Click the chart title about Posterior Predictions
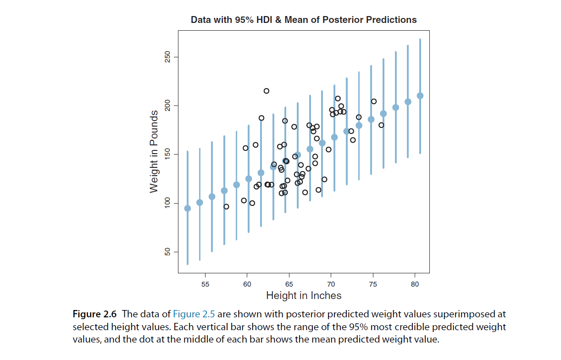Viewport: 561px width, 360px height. click(x=303, y=20)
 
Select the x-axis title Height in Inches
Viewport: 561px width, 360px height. click(x=303, y=296)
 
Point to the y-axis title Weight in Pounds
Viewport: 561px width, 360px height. click(x=154, y=151)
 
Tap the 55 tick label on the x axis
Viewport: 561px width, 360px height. click(x=205, y=284)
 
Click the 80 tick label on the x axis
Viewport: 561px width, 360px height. click(x=415, y=284)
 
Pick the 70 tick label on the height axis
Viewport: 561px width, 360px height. click(x=331, y=284)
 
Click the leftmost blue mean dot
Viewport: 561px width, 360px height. click(x=187, y=208)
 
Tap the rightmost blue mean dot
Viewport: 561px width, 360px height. click(x=420, y=96)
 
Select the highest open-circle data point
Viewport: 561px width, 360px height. click(x=266, y=91)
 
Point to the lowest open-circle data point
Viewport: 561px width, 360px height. click(x=226, y=207)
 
